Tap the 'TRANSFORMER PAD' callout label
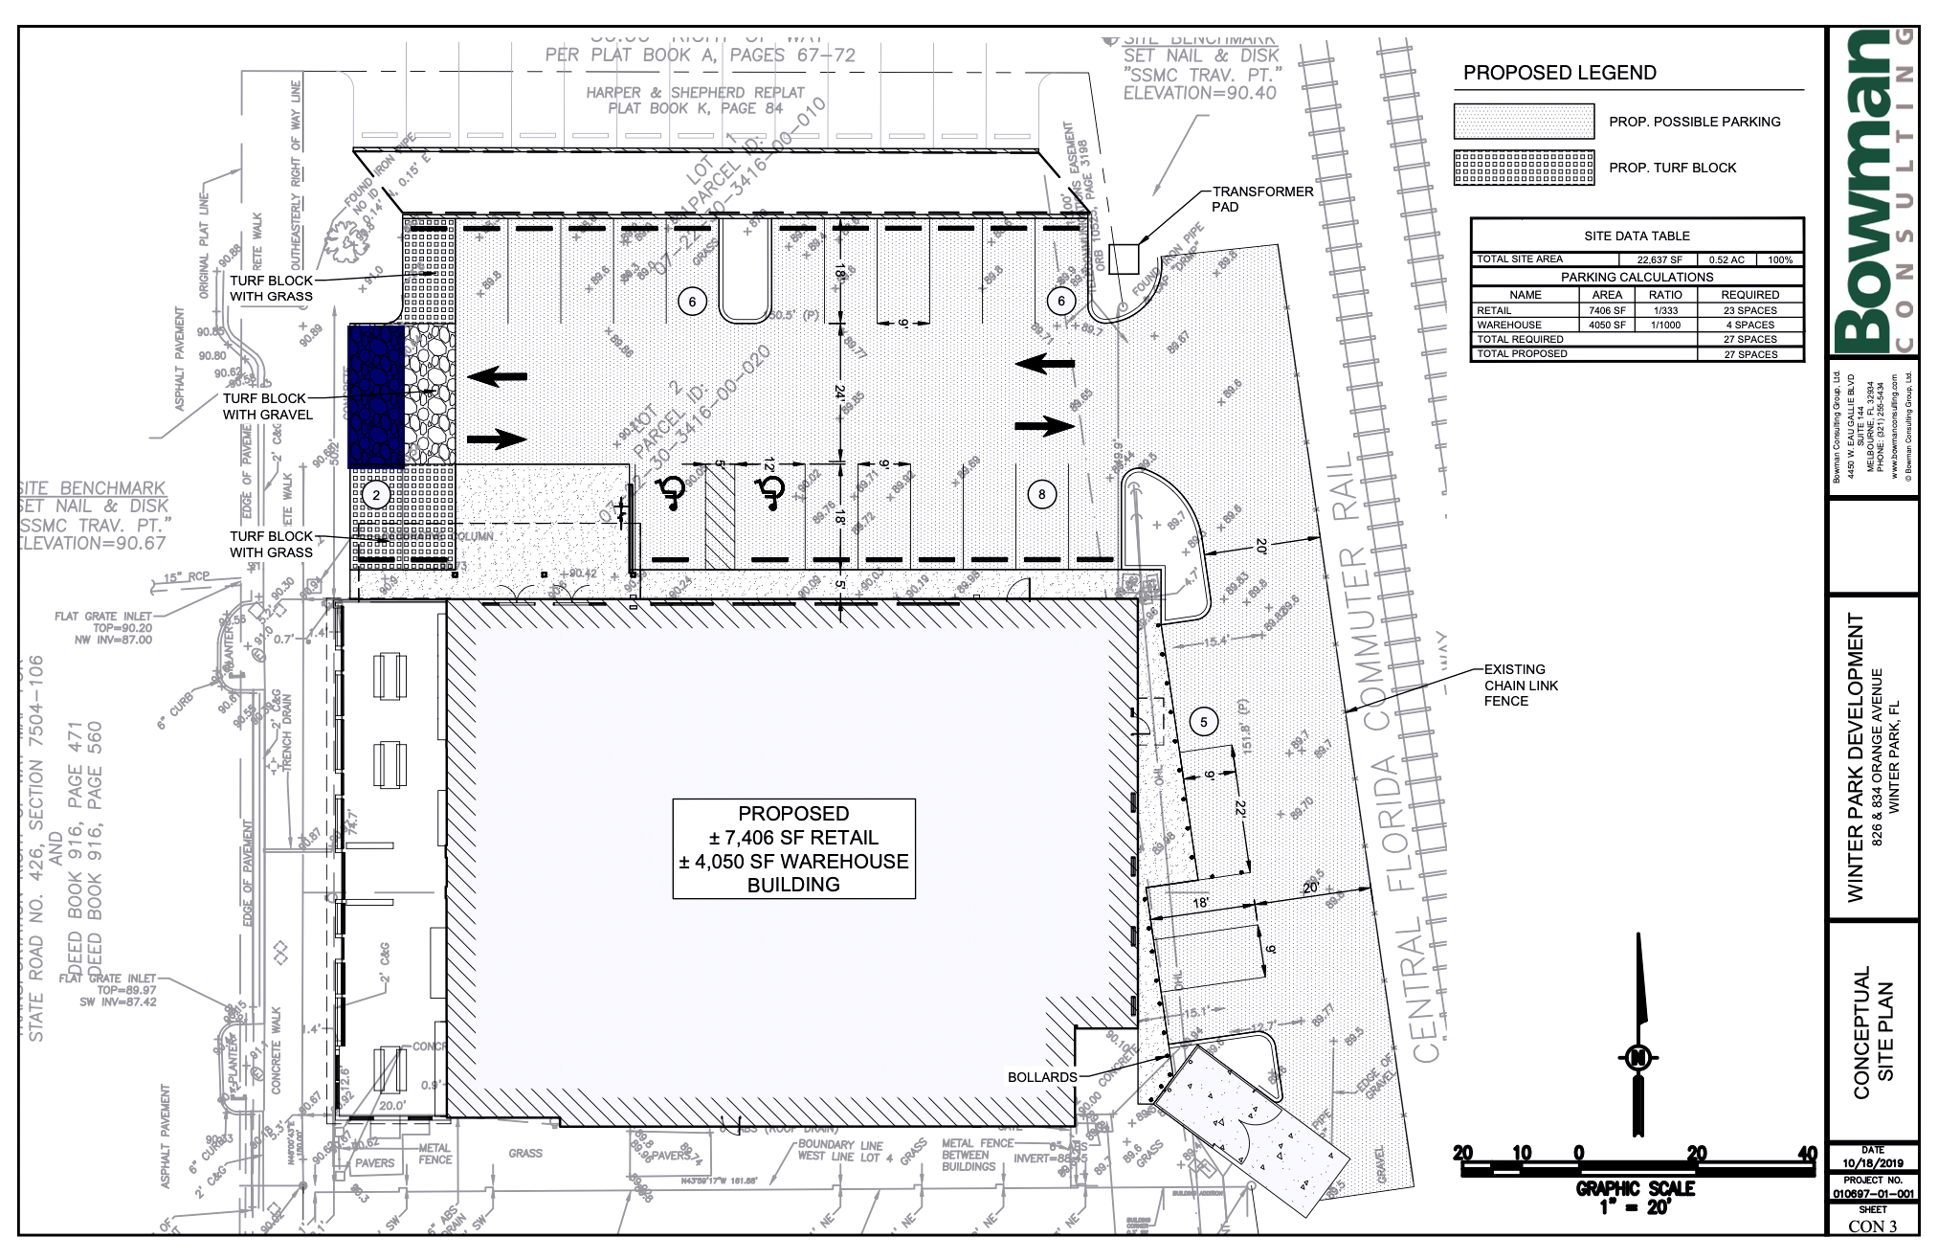coord(1262,199)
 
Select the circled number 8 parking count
coord(1041,494)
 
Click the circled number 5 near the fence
coord(1203,723)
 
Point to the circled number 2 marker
coord(376,495)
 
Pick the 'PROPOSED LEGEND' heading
coord(1559,73)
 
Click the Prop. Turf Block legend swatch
coord(1524,168)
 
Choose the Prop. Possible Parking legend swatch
coord(1524,122)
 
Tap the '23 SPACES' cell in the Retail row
coord(1749,310)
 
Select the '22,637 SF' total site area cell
coord(1659,259)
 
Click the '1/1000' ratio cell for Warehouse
coord(1665,325)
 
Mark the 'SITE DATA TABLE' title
coord(1637,236)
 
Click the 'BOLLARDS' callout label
coord(1042,1077)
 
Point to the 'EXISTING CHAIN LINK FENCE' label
coord(1521,686)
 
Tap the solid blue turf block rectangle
coord(375,395)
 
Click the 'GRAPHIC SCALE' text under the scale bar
coord(1635,1188)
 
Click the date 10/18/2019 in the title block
coord(1872,1163)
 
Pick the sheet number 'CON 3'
coord(1871,1226)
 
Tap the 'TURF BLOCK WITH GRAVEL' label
coord(267,406)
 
